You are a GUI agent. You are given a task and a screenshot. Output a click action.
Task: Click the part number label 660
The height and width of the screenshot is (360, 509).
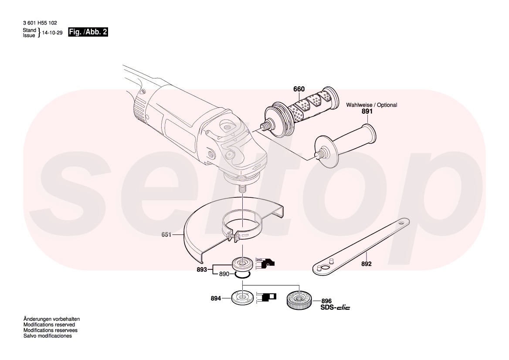pos(299,89)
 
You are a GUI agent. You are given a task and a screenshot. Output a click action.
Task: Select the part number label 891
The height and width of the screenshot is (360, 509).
pos(367,111)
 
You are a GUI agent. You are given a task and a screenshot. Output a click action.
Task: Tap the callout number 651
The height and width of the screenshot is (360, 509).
pos(166,234)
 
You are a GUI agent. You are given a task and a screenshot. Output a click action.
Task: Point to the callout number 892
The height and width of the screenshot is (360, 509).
pos(366,264)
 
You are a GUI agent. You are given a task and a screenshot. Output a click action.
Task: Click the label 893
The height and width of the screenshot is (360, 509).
pos(202,269)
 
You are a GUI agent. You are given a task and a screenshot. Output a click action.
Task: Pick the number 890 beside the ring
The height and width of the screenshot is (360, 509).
pos(224,274)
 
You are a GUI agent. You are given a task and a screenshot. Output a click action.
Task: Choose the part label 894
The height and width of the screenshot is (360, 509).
pos(216,298)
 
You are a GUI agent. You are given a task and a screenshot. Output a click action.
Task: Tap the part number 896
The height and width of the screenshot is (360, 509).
pos(326,301)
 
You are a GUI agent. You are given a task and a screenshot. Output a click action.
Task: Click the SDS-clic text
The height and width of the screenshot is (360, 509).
pos(335,307)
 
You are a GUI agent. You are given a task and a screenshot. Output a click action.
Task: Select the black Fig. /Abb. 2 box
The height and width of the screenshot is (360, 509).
pos(88,32)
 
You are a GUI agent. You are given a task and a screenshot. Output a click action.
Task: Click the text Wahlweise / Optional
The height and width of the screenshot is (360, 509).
pos(371,105)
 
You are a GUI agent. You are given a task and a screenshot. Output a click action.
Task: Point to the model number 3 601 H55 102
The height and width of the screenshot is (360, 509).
pos(40,23)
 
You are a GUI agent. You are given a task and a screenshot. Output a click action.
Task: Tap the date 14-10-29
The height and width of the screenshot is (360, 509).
pos(52,33)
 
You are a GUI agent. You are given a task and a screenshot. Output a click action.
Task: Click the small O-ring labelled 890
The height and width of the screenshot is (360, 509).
pos(242,275)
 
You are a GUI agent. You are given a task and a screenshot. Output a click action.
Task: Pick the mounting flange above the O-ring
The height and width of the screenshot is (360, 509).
pos(242,263)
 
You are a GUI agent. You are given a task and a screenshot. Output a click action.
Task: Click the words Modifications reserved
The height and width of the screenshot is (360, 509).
pos(49,325)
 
